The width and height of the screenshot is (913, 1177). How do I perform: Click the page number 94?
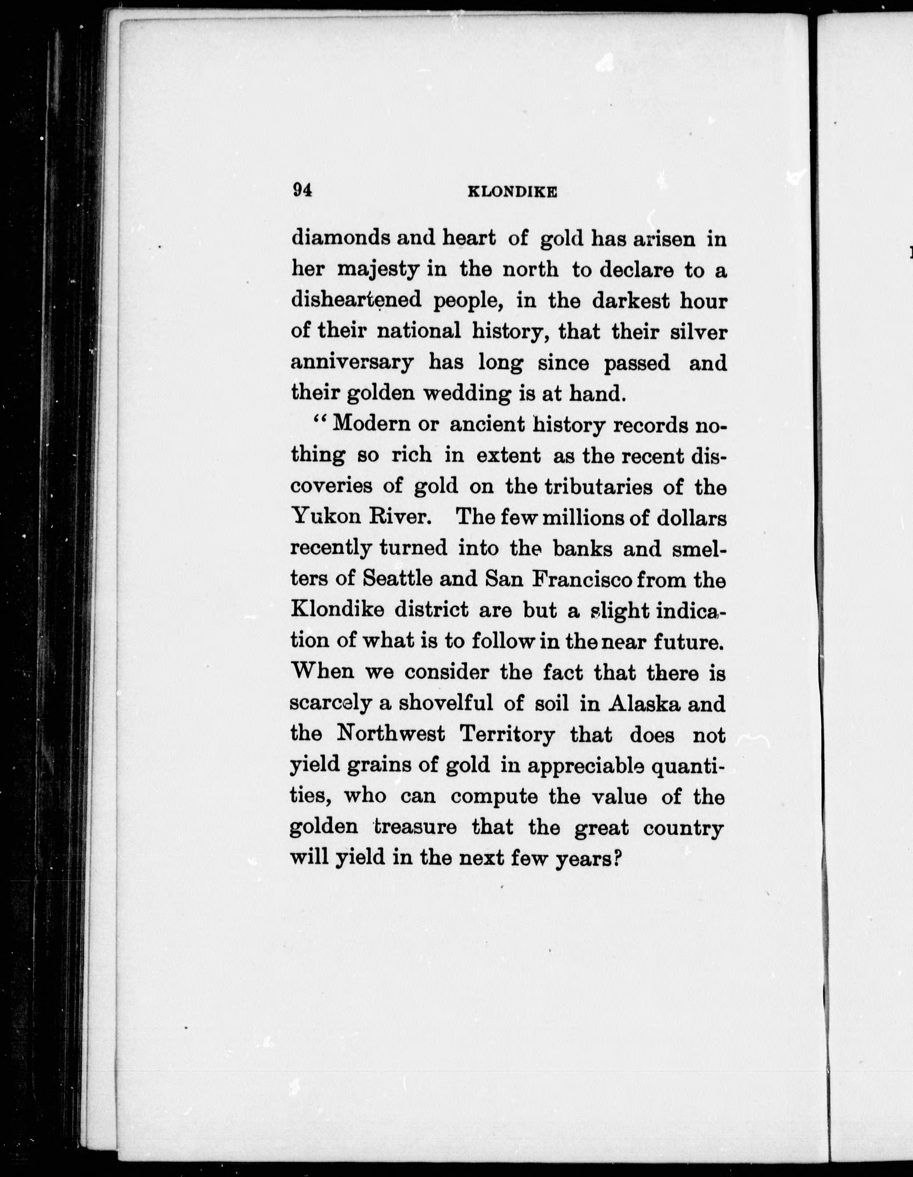click(x=302, y=191)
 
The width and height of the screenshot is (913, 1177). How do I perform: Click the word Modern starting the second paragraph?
click(x=371, y=425)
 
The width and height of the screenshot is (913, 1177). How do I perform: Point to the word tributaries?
click(x=599, y=487)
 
